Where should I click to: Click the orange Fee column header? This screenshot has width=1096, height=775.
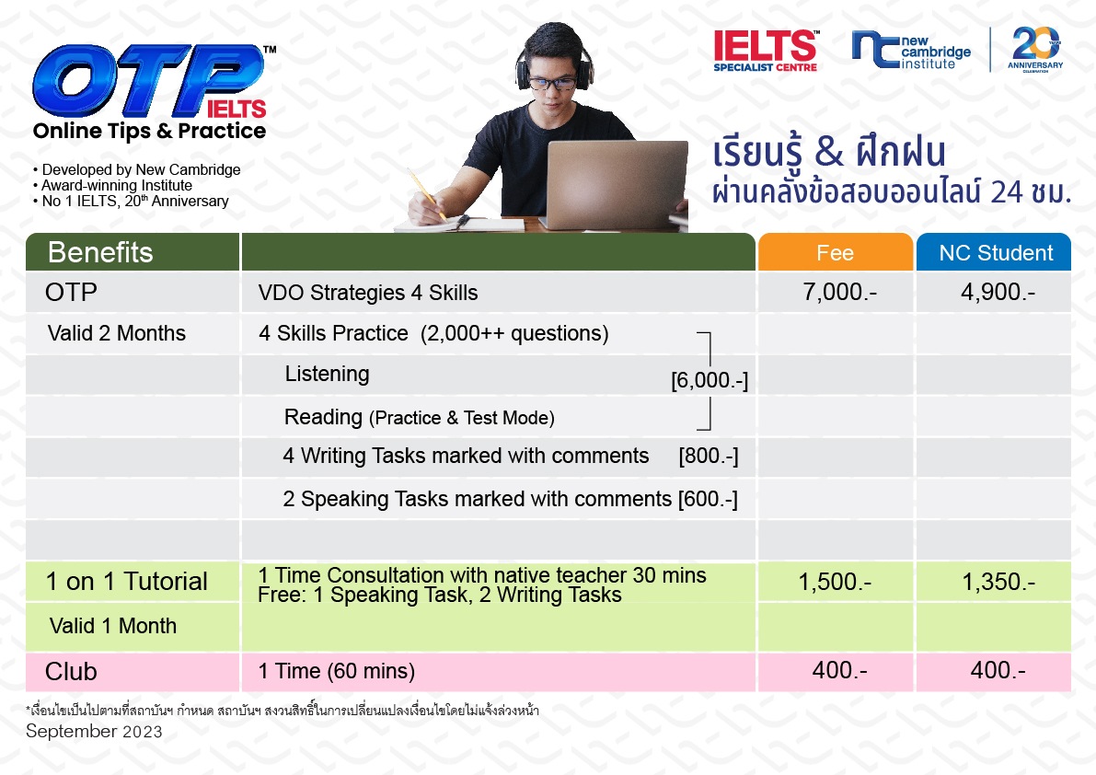(x=836, y=252)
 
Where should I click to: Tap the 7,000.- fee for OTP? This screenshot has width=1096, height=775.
(x=839, y=292)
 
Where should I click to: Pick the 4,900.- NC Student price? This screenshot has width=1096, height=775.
(x=998, y=292)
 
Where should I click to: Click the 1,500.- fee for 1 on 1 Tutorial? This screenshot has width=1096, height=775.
(x=836, y=582)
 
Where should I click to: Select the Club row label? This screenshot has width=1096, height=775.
(x=71, y=672)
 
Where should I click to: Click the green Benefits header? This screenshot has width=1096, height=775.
(x=100, y=252)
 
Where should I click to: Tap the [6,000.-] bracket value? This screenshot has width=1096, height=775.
(x=710, y=381)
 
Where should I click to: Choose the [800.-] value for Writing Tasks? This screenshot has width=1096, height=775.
(x=708, y=456)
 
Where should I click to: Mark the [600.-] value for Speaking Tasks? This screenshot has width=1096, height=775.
(x=708, y=499)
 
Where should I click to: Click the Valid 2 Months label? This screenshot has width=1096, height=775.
(x=117, y=333)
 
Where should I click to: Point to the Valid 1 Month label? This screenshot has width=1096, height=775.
(x=112, y=626)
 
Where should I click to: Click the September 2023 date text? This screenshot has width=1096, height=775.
(x=95, y=732)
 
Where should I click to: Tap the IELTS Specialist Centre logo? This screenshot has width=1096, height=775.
(x=766, y=51)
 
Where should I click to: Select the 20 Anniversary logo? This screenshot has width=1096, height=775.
(x=1035, y=50)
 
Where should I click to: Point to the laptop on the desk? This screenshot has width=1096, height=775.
(x=616, y=185)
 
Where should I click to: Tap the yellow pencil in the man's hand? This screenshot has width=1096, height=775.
(x=427, y=194)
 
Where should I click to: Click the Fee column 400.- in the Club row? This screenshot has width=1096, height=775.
(x=839, y=671)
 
